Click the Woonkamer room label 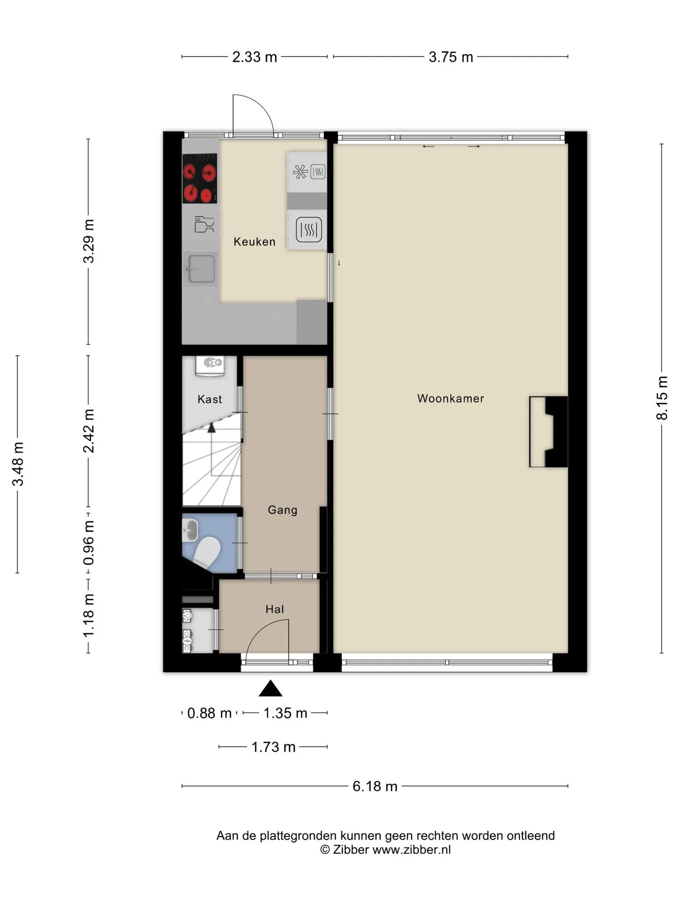click(450, 398)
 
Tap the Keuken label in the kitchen click(254, 242)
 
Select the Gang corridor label click(282, 510)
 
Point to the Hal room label click(274, 609)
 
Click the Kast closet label click(209, 399)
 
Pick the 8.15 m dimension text click(662, 398)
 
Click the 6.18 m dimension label click(375, 786)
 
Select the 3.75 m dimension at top click(451, 57)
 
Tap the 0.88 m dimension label click(209, 713)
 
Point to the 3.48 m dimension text click(18, 464)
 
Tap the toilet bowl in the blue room click(207, 552)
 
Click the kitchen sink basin click(201, 269)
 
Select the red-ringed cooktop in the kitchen click(200, 179)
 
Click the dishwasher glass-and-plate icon click(204, 224)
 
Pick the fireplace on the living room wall click(548, 432)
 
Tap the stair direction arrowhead click(212, 428)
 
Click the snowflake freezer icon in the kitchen click(300, 172)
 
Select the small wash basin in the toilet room click(190, 530)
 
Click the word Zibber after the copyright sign click(351, 849)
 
